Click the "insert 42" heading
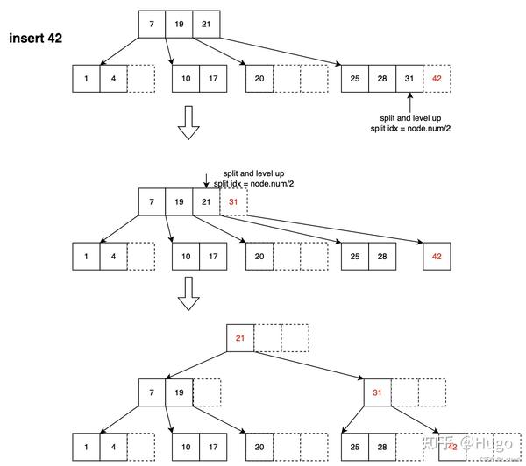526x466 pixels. pos(35,39)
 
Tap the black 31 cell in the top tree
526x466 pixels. pos(409,79)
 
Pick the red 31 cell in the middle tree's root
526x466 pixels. pos(233,202)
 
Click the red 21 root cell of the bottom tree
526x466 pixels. pos(239,337)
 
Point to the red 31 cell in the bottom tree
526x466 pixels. pos(378,392)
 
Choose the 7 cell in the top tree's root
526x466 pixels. pos(152,24)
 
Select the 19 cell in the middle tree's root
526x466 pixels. pos(179,202)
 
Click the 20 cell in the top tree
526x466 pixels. pos(259,79)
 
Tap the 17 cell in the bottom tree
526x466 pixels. pos(212,446)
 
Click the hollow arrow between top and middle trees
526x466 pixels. pos(188,124)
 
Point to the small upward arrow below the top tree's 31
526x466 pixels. pos(409,105)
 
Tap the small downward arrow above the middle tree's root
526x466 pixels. pos(206,180)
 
